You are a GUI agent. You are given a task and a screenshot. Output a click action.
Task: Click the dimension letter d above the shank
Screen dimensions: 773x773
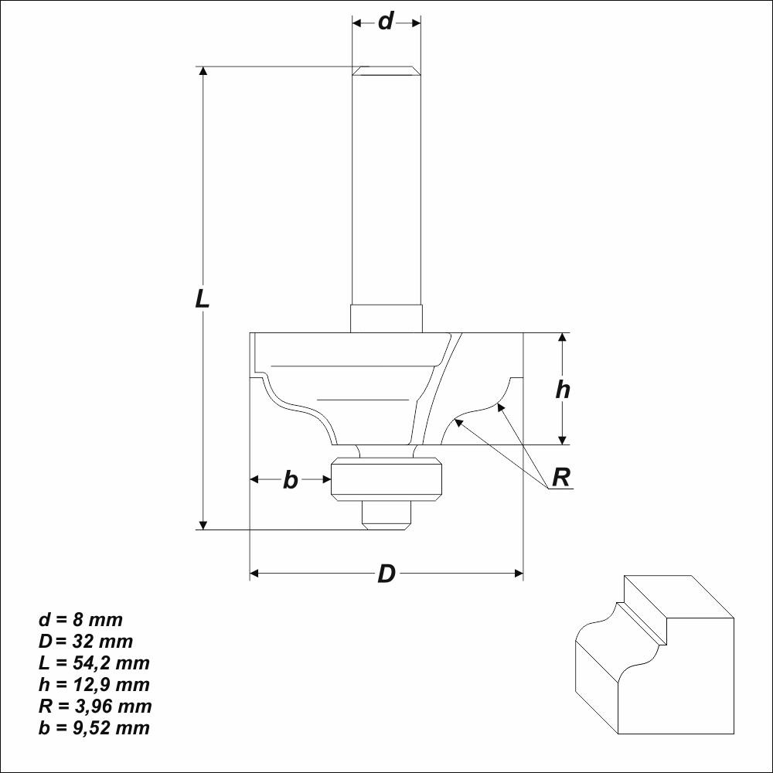point(386,22)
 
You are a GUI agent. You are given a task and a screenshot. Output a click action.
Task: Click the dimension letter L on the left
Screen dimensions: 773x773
point(203,298)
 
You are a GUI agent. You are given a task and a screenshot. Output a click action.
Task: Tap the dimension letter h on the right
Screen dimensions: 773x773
point(563,390)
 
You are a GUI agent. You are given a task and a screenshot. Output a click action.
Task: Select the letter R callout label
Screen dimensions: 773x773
point(561,478)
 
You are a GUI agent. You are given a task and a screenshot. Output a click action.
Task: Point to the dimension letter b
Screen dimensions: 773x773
point(290,480)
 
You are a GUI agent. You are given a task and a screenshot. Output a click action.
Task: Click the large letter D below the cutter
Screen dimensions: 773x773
point(386,574)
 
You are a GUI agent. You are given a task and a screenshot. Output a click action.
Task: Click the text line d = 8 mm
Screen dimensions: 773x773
point(80,620)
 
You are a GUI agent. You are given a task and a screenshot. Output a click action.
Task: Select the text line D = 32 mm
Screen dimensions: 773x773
point(86,642)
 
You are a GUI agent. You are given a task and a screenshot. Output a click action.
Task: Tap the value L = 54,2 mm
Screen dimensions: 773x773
point(94,663)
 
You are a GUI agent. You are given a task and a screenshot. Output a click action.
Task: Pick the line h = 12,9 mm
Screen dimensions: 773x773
point(94,685)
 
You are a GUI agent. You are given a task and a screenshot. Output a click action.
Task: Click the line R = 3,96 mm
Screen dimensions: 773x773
point(95,707)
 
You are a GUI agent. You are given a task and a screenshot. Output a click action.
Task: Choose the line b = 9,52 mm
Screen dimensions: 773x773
point(94,728)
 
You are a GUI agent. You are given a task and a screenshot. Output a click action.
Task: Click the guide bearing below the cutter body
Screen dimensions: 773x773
point(386,479)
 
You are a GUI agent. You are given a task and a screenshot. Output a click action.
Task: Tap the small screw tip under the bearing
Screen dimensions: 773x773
point(386,514)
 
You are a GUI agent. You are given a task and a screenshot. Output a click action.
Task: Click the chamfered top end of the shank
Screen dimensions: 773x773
point(386,71)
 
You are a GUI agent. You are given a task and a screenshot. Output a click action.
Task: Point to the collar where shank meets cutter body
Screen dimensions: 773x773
point(386,318)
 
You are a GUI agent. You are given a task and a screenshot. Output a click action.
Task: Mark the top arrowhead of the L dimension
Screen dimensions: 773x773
point(203,72)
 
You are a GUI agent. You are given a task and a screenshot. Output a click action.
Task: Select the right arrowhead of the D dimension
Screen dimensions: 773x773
point(519,574)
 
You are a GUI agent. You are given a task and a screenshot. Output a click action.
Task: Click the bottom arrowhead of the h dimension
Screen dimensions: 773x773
point(563,440)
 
